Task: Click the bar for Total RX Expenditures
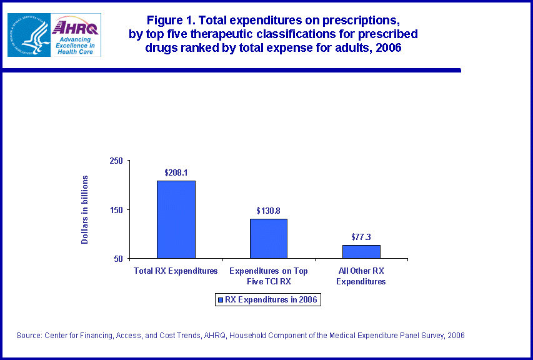click(x=176, y=219)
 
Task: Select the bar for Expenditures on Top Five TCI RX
click(x=269, y=238)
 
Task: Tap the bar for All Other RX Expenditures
click(x=361, y=251)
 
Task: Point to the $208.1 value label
click(x=176, y=172)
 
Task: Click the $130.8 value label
click(x=268, y=211)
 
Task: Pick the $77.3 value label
click(x=361, y=237)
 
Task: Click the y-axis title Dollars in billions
click(x=86, y=209)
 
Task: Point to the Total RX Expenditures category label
click(x=176, y=271)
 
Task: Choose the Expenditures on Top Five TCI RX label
click(x=269, y=276)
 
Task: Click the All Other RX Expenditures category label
click(x=361, y=276)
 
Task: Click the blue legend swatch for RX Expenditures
click(x=219, y=300)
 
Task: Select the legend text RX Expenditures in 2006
click(x=271, y=300)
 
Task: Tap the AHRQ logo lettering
click(x=75, y=28)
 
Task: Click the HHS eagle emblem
click(x=28, y=35)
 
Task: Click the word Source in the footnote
click(x=29, y=336)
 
